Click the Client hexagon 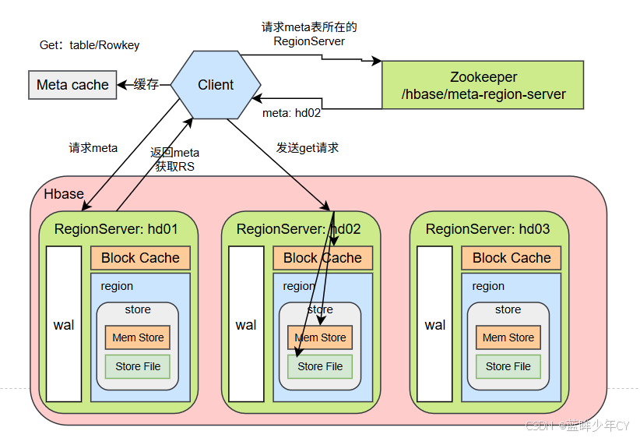tap(216, 85)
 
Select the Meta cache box tap(72, 85)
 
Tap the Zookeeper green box tap(482, 87)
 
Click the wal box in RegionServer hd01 tap(64, 324)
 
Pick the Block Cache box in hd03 tap(511, 258)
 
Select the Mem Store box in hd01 tap(138, 337)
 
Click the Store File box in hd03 tap(508, 366)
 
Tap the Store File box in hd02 tap(320, 366)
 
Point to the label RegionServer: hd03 tap(487, 229)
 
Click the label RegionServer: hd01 tap(116, 229)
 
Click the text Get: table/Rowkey tap(90, 45)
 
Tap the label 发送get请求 tap(308, 147)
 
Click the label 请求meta tap(93, 147)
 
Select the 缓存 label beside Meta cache tap(146, 85)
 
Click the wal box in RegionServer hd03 tap(435, 324)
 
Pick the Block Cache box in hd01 tap(140, 258)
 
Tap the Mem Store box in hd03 tap(508, 337)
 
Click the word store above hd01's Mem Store tap(138, 309)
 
